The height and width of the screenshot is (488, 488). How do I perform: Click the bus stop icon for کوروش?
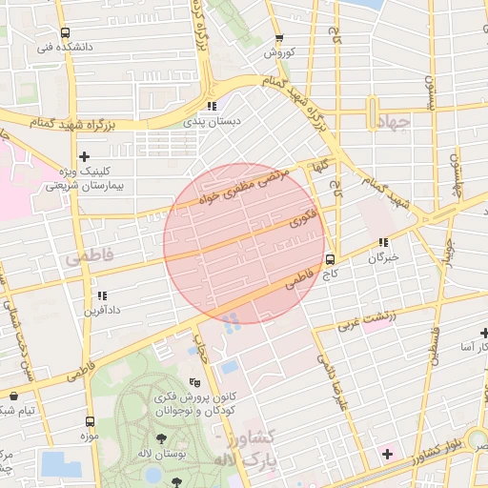278,39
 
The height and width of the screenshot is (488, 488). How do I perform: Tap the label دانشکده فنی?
64,47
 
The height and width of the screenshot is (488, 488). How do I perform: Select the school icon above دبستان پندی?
212,106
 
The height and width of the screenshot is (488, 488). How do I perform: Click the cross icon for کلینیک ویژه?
85,155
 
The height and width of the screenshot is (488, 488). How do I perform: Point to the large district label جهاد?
392,123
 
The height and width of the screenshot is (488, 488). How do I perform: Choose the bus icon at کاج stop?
331,258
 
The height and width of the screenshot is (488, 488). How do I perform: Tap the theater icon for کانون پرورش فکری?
195,381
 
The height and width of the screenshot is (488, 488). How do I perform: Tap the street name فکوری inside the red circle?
303,218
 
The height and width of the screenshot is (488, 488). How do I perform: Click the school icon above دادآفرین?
101,296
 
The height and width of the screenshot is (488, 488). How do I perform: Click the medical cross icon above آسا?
485,333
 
